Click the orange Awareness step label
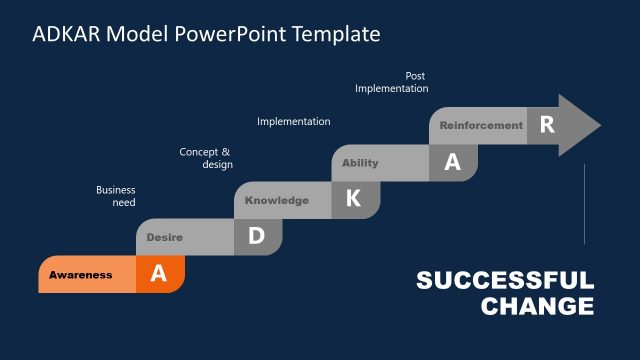[81, 275]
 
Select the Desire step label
[164, 237]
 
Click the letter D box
[256, 237]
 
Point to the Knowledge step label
[277, 200]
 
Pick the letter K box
[353, 199]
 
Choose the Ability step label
[360, 163]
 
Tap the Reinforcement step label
[481, 126]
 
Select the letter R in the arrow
[547, 125]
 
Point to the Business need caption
[116, 196]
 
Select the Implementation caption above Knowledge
[294, 122]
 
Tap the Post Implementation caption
[392, 82]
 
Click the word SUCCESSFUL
[505, 281]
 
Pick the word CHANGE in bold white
[537, 306]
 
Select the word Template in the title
[336, 34]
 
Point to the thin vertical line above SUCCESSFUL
[584, 205]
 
